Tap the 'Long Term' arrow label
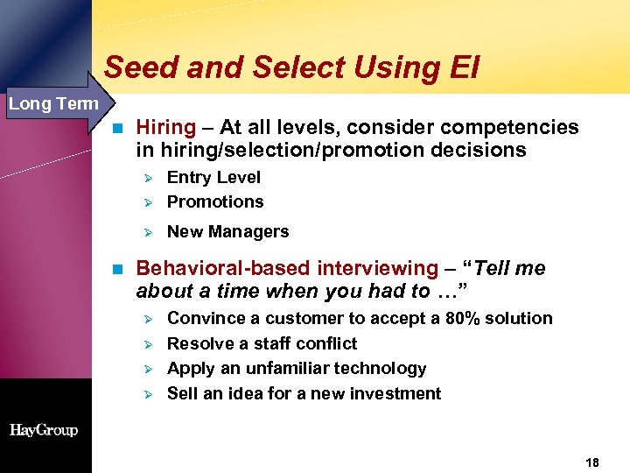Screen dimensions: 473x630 click(x=53, y=104)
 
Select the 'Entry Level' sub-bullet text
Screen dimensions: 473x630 click(x=213, y=177)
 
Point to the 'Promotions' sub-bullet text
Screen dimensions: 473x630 click(x=215, y=201)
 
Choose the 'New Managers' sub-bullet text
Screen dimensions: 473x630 click(x=227, y=231)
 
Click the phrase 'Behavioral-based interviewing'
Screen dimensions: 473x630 click(x=286, y=268)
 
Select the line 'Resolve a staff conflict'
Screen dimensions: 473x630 click(x=262, y=343)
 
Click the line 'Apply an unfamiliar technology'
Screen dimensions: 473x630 click(x=297, y=368)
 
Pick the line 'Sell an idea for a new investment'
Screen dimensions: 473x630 click(x=304, y=393)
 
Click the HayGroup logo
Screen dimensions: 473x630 click(x=44, y=430)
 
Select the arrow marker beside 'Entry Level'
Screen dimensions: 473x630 click(x=148, y=178)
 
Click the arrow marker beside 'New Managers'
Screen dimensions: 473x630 click(x=148, y=232)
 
